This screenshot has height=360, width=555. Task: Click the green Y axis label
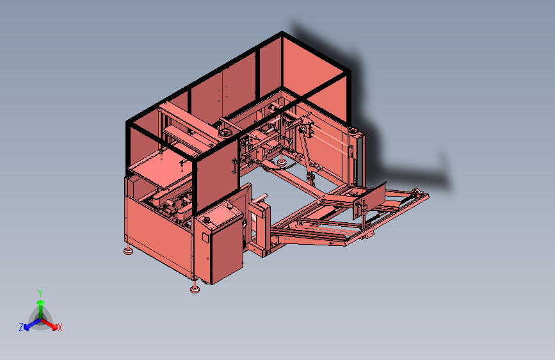(40, 293)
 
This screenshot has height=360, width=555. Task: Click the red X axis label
(60, 327)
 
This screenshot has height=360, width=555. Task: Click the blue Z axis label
(21, 327)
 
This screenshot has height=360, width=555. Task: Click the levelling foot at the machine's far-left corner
(128, 250)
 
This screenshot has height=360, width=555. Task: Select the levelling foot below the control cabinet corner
(195, 289)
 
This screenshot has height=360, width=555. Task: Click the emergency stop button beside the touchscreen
(230, 206)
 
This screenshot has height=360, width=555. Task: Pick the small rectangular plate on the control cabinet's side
(205, 238)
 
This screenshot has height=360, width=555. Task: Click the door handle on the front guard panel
(234, 167)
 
